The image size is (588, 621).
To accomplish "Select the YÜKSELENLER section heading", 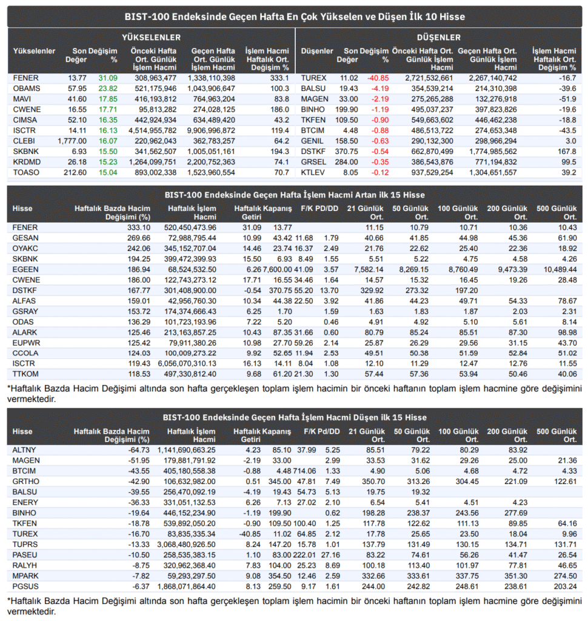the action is pos(152,38).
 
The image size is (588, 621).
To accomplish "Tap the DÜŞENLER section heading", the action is pos(439,38).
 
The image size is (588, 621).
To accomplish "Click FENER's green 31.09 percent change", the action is pos(108,78).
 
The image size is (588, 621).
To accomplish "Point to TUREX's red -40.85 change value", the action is pos(378,78).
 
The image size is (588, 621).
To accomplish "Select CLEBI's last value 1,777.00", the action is pos(72,141).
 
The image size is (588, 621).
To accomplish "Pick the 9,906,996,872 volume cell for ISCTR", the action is pos(211,131).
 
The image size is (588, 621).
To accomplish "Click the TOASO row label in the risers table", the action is pos(26,173).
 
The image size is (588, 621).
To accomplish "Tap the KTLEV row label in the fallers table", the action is pos(313,173).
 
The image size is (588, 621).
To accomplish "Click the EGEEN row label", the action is pos(25,270).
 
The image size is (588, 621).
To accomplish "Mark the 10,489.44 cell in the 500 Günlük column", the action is pos(560,270).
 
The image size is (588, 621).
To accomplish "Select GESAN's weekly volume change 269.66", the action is pos(139,238).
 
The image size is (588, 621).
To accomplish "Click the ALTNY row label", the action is pos(24,451).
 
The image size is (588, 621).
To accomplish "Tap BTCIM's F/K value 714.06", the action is pos(304,471).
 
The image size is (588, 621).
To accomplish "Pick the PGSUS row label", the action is pos(25,586).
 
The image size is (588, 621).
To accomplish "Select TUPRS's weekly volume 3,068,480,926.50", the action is pos(186,545).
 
